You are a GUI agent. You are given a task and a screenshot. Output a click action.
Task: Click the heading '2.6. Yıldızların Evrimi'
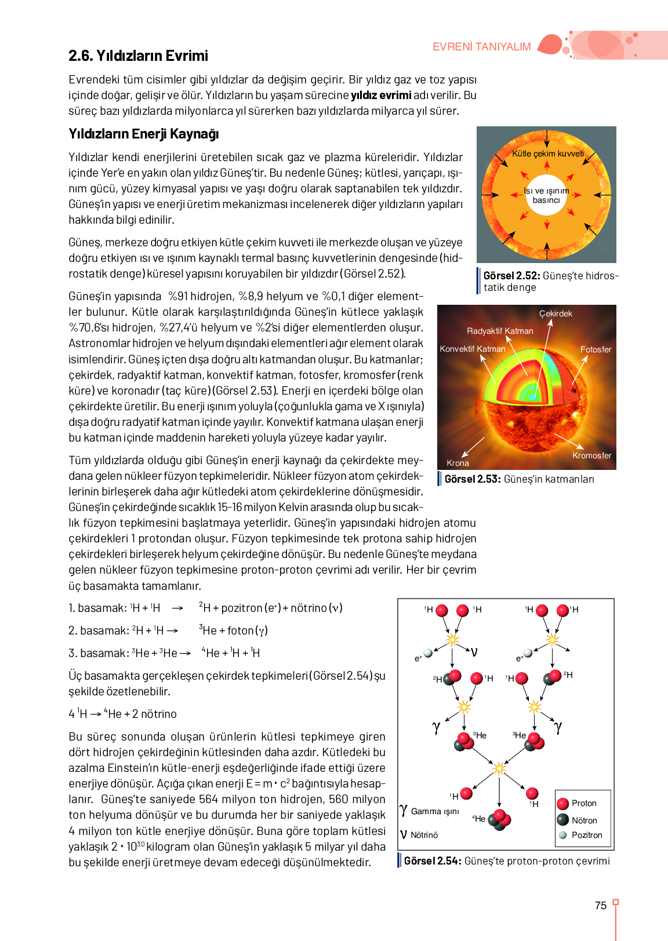coord(138,56)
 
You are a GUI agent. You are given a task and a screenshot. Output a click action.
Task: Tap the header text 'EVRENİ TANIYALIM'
coord(481,47)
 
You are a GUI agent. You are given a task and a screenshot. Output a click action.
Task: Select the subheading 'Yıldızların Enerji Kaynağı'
coord(143,134)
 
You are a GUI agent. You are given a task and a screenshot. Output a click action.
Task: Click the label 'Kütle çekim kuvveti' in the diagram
coord(547,154)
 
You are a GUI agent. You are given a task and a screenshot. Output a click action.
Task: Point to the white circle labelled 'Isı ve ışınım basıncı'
coord(546,195)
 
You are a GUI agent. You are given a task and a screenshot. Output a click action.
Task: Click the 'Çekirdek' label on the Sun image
coord(556,313)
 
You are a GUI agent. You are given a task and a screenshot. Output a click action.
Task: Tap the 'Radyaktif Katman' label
coord(500,331)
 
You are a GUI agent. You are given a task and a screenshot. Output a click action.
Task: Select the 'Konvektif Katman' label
coord(473,349)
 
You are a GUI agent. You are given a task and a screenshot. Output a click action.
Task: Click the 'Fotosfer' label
coord(596,349)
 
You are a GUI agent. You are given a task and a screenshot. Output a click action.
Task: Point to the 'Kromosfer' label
coord(591,455)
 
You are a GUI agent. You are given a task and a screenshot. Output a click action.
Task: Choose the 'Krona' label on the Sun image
coord(458,463)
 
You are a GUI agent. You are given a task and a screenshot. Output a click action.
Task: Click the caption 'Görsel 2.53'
coord(472,479)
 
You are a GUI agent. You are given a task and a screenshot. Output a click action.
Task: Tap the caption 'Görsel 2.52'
coord(511,276)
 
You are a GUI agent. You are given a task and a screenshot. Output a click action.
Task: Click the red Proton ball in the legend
coord(562,804)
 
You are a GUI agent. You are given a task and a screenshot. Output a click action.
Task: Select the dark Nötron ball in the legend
coord(562,820)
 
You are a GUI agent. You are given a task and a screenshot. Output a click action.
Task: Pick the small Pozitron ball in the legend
coord(562,835)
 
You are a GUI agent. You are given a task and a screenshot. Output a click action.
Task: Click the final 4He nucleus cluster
coord(499,819)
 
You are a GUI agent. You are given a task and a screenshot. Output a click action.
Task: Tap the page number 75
coord(601,906)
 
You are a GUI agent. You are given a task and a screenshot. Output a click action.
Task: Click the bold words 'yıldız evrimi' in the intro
coord(381,95)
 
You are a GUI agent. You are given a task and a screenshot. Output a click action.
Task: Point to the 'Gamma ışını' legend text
coord(434,811)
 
